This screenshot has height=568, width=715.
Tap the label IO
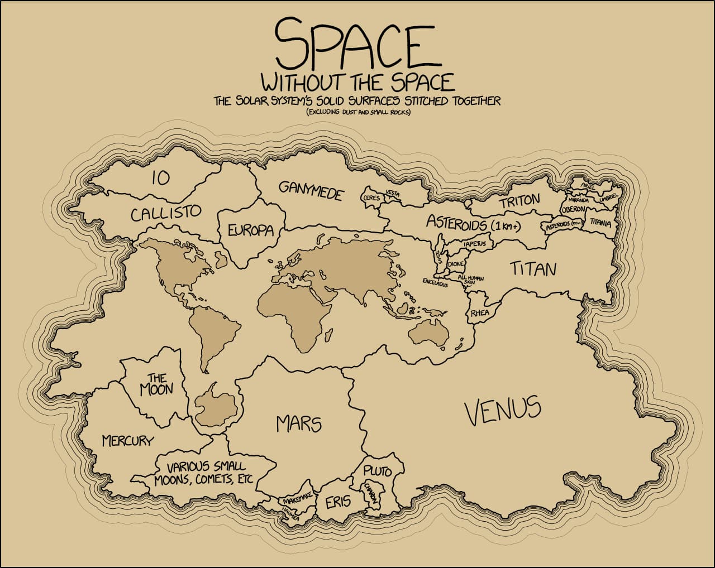160,178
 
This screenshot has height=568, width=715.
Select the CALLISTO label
166,213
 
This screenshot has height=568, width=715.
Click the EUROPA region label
250,230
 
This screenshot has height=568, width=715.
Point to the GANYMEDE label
311,191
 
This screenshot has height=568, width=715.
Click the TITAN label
533,269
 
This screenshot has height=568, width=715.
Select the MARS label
299,424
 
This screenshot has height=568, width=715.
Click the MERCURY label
127,441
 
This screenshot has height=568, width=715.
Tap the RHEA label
479,313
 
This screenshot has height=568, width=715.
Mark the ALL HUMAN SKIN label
470,280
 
